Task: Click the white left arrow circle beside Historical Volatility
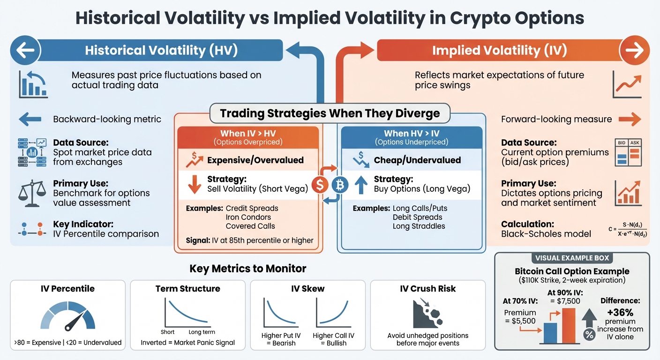coord(25,51)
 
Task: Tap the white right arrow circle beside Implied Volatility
coord(634,51)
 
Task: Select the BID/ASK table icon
coord(628,152)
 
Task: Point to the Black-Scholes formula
coord(628,229)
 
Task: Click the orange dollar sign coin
coord(321,185)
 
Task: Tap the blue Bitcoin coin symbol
coord(340,185)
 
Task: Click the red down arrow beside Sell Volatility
coord(194,184)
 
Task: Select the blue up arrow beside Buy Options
coord(360,184)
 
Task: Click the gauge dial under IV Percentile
coord(68,315)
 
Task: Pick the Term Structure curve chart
coord(187,312)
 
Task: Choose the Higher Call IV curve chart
coord(332,312)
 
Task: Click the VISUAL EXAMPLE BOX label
coord(571,258)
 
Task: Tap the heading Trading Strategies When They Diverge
coord(330,113)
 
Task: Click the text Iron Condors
coord(248,217)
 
